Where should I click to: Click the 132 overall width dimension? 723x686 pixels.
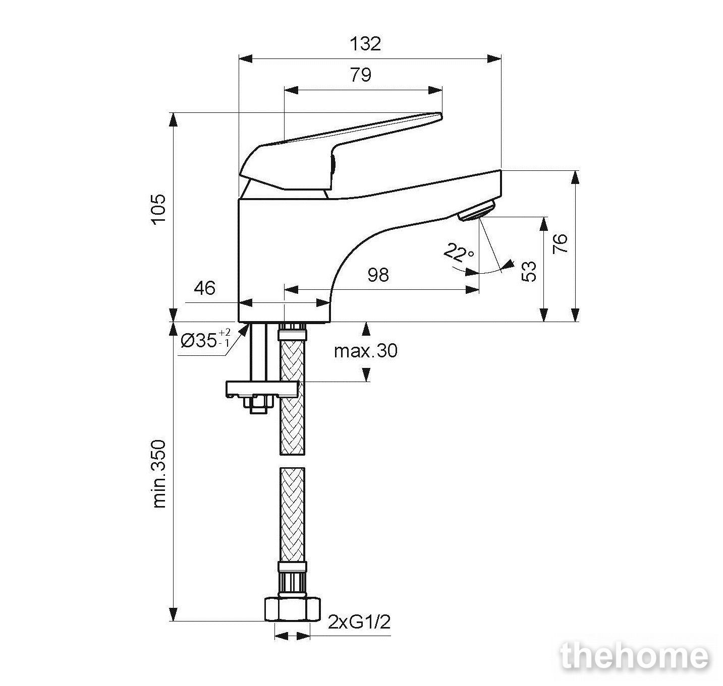[x=365, y=44]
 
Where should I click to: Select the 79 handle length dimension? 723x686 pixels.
[x=360, y=75]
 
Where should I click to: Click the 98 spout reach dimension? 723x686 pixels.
[x=378, y=275]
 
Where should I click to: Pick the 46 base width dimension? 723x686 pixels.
[x=204, y=288]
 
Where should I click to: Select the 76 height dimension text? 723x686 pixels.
[x=560, y=243]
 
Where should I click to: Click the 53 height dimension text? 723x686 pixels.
[x=529, y=271]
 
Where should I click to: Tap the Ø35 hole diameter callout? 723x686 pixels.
[x=205, y=339]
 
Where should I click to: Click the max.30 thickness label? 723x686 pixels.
[x=366, y=351]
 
